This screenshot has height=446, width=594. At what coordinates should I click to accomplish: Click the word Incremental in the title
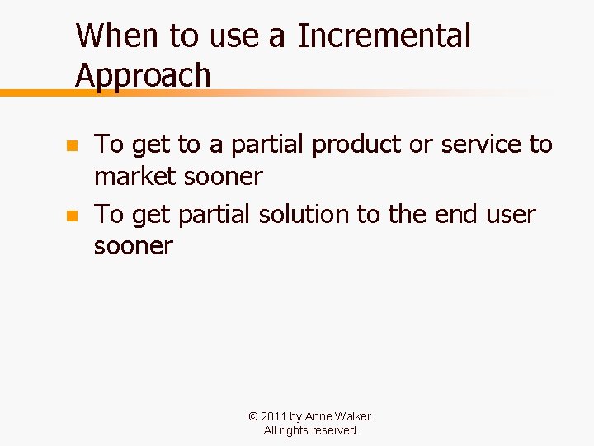click(x=384, y=36)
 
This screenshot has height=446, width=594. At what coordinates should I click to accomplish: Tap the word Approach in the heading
click(x=143, y=75)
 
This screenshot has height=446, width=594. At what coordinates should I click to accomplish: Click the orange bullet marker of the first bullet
click(x=72, y=146)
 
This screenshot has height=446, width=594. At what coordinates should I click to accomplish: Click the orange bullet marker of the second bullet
click(x=72, y=216)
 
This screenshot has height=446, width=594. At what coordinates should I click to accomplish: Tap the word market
click(x=135, y=176)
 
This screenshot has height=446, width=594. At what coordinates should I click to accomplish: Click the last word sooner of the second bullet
click(x=134, y=246)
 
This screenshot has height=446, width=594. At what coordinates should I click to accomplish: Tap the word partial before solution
click(x=215, y=215)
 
